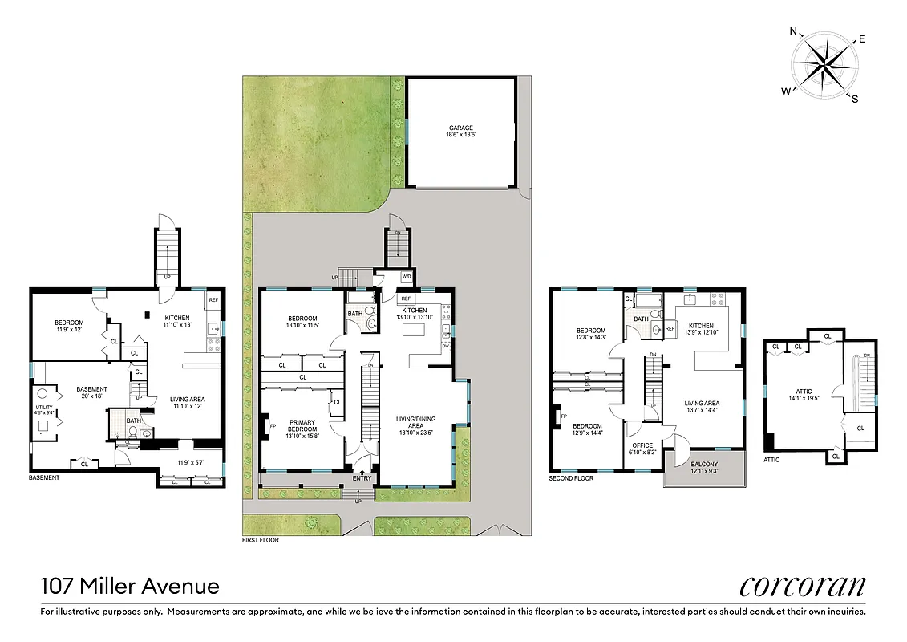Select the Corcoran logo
click(x=803, y=587)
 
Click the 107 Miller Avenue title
click(x=130, y=587)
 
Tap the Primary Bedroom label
click(x=302, y=426)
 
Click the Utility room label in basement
click(x=44, y=388)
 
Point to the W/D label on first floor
click(x=406, y=277)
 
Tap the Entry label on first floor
click(x=362, y=479)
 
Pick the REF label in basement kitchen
click(x=213, y=301)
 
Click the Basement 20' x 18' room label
click(x=91, y=392)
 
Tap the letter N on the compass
click(x=794, y=32)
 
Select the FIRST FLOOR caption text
click(x=261, y=541)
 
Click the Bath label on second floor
click(x=641, y=319)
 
